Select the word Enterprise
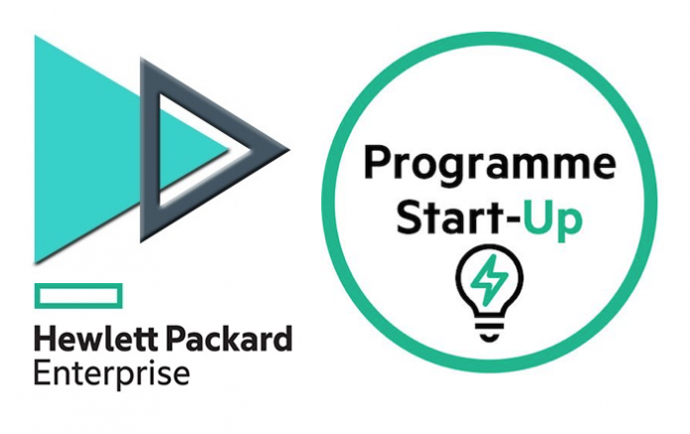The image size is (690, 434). coord(112,375)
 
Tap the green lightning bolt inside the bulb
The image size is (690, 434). coord(489,280)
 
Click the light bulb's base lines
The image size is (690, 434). coord(490,331)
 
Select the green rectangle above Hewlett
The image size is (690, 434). coord(78,296)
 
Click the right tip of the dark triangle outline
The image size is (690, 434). coord(289,150)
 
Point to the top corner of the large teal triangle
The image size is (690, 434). coord(36,36)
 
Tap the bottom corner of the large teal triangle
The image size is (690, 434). coord(36,263)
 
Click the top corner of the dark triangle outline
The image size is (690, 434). coord(141,59)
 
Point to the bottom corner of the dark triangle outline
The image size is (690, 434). coord(141,242)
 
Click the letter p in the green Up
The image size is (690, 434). coord(570,224)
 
